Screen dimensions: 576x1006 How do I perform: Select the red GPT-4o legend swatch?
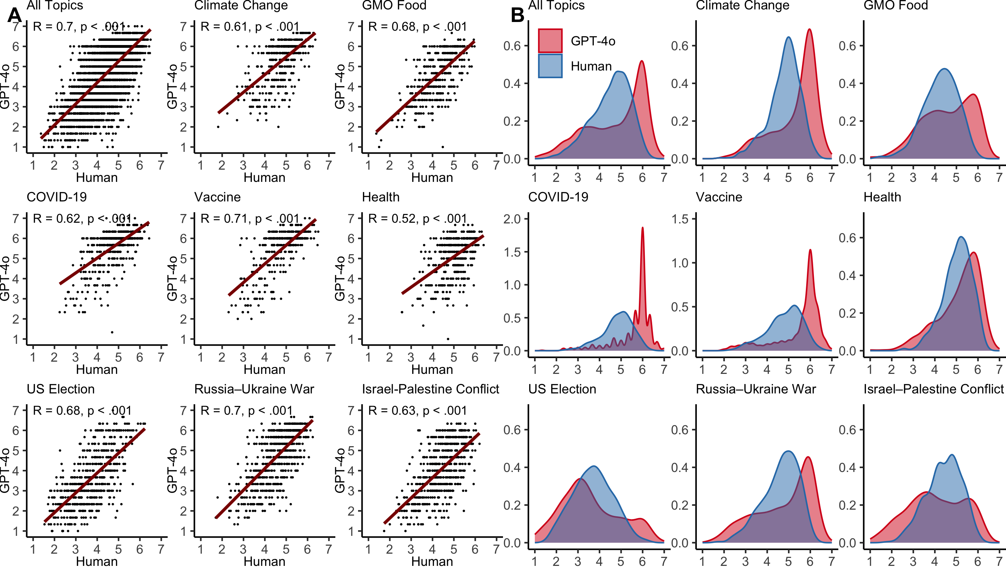(550, 40)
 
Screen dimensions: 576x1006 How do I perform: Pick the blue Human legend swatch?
(550, 66)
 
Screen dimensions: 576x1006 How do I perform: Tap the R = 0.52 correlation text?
(417, 219)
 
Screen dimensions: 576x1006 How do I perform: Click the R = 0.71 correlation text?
(250, 219)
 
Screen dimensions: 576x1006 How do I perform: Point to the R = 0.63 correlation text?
(417, 411)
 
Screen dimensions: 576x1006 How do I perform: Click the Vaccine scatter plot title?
(217, 197)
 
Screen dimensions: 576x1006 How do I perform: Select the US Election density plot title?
(562, 389)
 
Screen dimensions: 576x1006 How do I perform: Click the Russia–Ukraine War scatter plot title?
(254, 389)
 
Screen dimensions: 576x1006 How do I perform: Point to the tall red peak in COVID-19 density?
(642, 228)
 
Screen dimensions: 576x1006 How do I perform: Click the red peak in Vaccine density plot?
(810, 250)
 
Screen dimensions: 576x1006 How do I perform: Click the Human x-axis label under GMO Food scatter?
(432, 178)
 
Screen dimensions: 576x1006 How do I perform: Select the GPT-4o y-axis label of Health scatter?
(340, 278)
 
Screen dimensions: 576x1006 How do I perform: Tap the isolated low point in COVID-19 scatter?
(112, 332)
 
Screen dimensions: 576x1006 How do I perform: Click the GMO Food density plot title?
(896, 5)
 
